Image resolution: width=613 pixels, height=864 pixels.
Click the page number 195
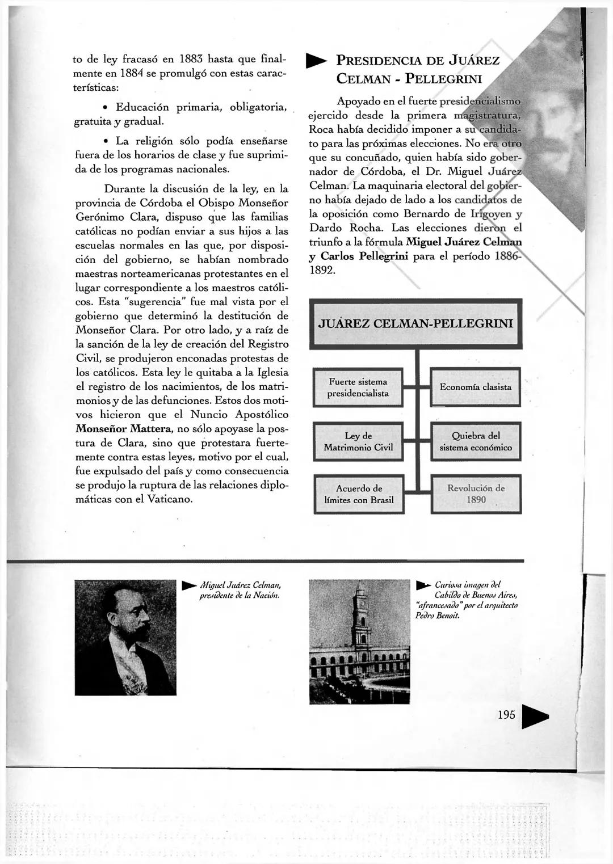point(506,714)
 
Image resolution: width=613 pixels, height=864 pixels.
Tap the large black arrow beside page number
point(535,718)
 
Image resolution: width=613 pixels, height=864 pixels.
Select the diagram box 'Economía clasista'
point(476,387)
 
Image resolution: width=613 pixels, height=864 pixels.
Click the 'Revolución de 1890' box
point(476,494)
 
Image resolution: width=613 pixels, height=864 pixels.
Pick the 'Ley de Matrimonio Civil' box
point(358,441)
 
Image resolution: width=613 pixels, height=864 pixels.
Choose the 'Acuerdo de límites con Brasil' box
point(359,494)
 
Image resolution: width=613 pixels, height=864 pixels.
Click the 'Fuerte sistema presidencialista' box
point(358,387)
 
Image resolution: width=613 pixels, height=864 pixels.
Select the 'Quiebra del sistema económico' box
point(476,441)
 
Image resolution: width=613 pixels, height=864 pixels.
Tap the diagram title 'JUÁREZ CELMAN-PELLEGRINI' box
point(416,323)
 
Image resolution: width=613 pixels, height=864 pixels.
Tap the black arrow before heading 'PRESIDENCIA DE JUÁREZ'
point(316,61)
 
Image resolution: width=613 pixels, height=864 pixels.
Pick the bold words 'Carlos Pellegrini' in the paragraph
point(364,256)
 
